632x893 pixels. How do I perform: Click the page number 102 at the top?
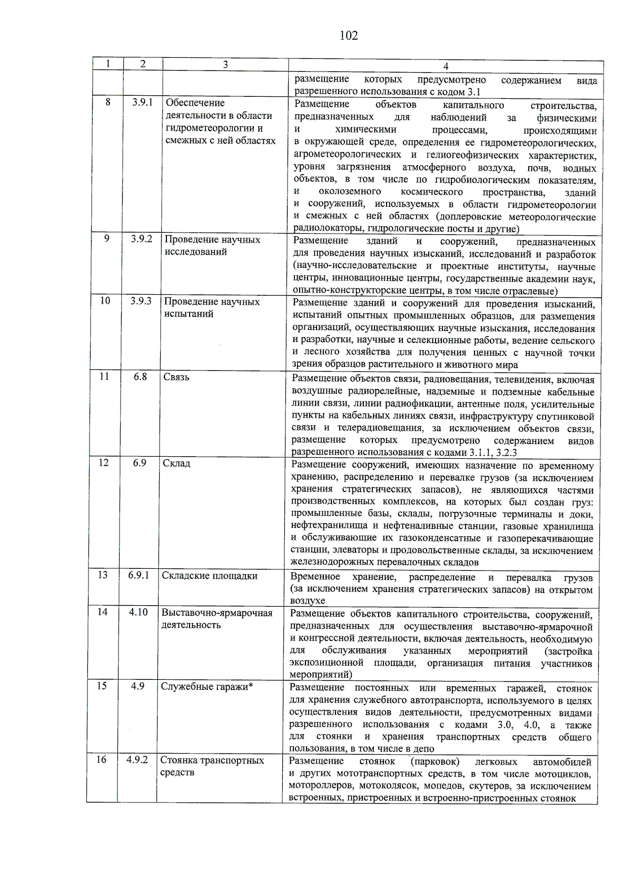point(349,35)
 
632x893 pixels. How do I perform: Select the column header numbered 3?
point(225,65)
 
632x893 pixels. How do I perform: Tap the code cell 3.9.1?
point(142,102)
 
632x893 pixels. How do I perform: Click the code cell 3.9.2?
point(142,239)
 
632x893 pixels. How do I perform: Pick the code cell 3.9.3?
point(141,301)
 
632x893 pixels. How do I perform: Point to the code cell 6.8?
point(140,377)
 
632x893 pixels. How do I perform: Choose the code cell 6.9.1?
point(139,575)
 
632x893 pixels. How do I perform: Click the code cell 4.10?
point(139,612)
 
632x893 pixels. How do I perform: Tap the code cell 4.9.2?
point(137,760)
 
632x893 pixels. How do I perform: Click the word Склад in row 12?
point(176,464)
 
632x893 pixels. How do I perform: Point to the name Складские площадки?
point(210,576)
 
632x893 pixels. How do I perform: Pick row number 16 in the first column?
point(101,760)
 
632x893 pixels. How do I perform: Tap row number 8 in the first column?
point(108,102)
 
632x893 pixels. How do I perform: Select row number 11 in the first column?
point(104,377)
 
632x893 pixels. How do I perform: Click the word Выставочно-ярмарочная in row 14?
point(217,613)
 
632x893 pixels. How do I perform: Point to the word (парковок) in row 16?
point(435,761)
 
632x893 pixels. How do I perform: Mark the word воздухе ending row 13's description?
point(308,601)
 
